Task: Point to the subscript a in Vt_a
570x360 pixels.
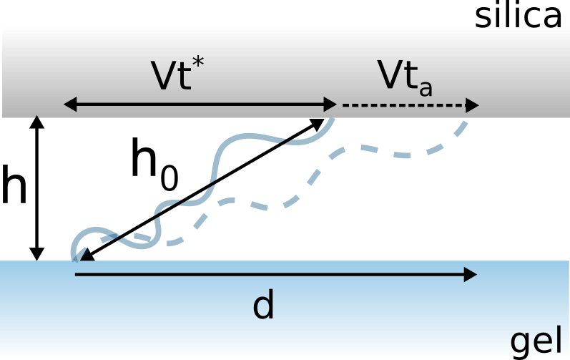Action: pyautogui.click(x=426, y=87)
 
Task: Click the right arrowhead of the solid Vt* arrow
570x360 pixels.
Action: pyautogui.click(x=331, y=105)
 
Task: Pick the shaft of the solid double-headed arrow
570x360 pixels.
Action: pyautogui.click(x=200, y=105)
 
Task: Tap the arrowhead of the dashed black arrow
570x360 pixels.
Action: pyautogui.click(x=473, y=105)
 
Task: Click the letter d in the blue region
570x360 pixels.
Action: pyautogui.click(x=263, y=306)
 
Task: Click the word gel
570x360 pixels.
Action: pyautogui.click(x=536, y=342)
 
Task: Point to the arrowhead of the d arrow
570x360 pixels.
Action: pyautogui.click(x=471, y=274)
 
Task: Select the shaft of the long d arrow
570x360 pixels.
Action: pyautogui.click(x=272, y=274)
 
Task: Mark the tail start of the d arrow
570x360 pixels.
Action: pyautogui.click(x=76, y=274)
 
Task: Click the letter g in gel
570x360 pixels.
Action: pyautogui.click(x=521, y=344)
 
